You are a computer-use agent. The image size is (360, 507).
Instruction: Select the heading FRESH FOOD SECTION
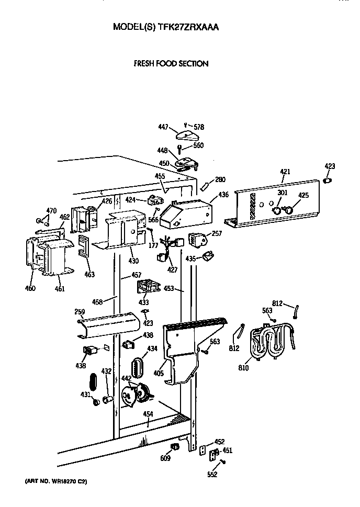point(171,64)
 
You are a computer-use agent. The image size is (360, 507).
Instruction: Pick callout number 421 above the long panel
point(285,172)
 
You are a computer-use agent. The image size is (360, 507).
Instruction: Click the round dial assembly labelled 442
point(134,395)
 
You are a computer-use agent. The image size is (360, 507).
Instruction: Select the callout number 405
point(159,374)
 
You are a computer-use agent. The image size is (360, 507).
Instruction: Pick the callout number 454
point(149,414)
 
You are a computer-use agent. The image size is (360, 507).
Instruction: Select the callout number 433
point(143,302)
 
